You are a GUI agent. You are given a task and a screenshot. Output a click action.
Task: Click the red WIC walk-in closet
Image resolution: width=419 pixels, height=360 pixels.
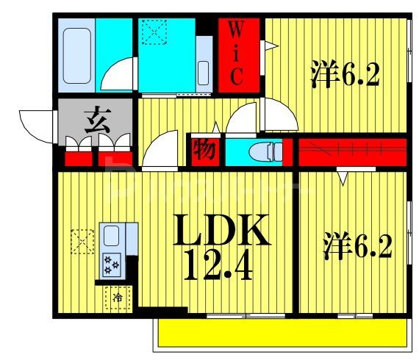pyautogui.click(x=240, y=54)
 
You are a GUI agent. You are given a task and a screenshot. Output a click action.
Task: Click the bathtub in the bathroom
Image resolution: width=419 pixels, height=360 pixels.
pyautogui.click(x=76, y=55)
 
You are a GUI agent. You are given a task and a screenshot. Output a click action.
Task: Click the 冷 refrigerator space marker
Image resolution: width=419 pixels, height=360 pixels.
pyautogui.click(x=117, y=298)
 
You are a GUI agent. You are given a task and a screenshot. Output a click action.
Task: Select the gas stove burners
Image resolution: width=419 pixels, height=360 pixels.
pyautogui.click(x=112, y=263)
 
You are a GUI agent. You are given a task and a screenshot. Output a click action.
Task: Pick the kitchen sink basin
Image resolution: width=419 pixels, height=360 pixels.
pyautogui.click(x=112, y=237)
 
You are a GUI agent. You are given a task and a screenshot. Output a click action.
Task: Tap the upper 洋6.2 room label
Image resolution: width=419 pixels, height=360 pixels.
pyautogui.click(x=345, y=76)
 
